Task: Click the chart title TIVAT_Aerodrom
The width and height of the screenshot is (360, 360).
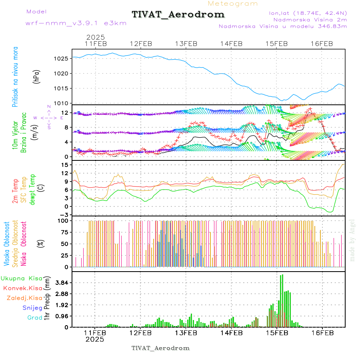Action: click(178, 14)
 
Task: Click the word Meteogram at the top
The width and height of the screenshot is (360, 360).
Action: click(233, 4)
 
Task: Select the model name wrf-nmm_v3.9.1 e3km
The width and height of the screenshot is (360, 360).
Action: click(76, 23)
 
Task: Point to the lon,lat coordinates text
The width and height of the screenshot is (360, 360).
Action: click(308, 13)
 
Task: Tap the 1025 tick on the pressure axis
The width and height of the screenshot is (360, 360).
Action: click(59, 58)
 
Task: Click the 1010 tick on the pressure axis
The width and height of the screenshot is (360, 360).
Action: click(59, 103)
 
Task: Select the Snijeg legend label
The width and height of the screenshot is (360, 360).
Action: click(32, 308)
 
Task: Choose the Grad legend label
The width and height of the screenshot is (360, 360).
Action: click(34, 318)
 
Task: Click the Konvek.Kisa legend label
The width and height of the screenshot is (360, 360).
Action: click(22, 288)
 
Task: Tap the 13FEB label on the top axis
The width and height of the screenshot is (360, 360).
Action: click(186, 44)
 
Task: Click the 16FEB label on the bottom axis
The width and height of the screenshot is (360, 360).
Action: click(322, 333)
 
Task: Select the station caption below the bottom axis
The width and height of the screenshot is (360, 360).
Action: click(160, 348)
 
